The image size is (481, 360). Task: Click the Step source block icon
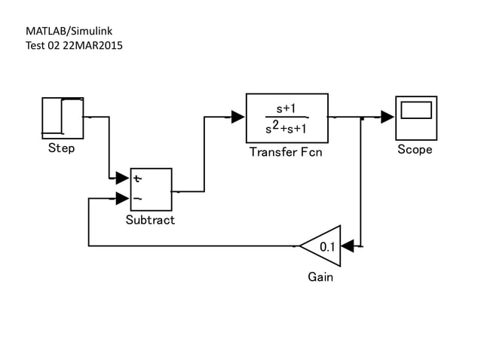pos(63,118)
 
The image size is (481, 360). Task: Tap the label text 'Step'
pos(61,148)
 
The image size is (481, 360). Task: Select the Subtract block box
pos(151,190)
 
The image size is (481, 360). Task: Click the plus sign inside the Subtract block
pos(137,178)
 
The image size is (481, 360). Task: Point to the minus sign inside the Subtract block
pos(137,199)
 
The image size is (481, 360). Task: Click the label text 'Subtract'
pos(150,220)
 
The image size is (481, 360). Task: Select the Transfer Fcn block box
pos(287,117)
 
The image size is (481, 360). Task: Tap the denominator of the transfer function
pos(287,128)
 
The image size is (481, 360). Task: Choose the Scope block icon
pos(415,117)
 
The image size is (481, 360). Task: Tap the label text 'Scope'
pos(415,149)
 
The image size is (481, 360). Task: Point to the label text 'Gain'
pos(320,276)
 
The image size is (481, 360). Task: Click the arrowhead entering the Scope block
pos(388,117)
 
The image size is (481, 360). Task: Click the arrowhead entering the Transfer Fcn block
pos(237,117)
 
